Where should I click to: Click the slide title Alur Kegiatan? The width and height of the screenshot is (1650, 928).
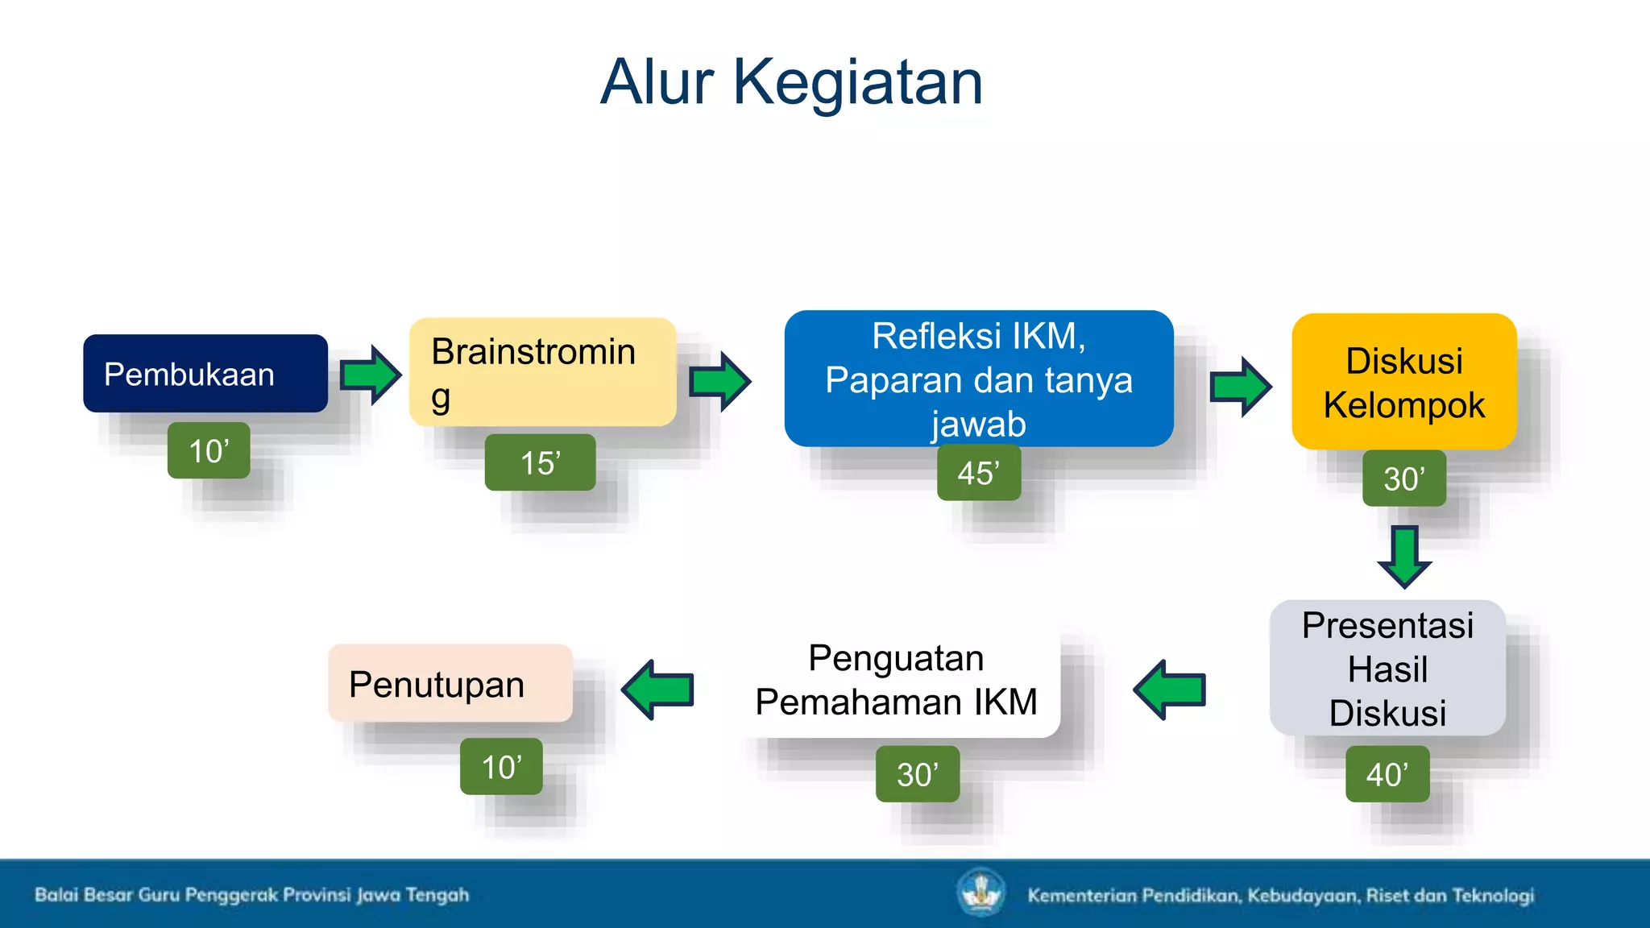click(791, 82)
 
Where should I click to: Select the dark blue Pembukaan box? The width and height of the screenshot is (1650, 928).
click(205, 374)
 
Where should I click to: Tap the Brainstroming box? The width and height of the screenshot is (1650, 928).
click(542, 372)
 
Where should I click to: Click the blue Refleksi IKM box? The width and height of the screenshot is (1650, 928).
click(978, 379)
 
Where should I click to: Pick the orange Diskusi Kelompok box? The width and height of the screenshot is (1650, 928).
click(1403, 382)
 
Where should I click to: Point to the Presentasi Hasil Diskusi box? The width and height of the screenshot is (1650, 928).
click(1387, 669)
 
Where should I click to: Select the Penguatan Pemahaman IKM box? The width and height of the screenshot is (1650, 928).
click(896, 681)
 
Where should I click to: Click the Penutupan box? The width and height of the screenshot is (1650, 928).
click(450, 683)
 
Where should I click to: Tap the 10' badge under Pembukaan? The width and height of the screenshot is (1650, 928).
click(209, 450)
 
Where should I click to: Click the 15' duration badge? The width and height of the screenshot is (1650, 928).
click(540, 462)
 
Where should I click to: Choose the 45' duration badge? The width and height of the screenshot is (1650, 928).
click(978, 473)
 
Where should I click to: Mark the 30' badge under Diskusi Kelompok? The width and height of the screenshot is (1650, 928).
click(1403, 478)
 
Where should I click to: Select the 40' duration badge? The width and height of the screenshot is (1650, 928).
click(1387, 774)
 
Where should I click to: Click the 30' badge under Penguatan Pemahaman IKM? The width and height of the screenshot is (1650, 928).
click(917, 774)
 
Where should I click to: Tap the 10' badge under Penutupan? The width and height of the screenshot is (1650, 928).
click(501, 767)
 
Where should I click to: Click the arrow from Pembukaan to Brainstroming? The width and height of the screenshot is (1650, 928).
click(370, 375)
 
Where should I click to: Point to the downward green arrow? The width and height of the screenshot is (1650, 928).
click(1404, 556)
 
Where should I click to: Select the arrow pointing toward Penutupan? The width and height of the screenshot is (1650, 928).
click(659, 690)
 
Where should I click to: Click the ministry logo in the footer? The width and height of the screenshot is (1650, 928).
click(980, 893)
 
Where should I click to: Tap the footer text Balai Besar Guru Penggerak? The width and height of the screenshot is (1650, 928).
click(251, 895)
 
